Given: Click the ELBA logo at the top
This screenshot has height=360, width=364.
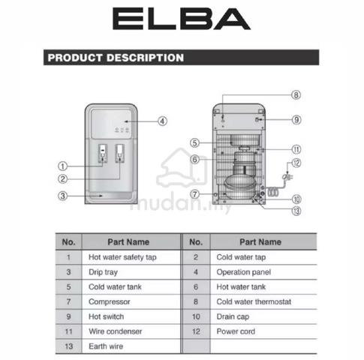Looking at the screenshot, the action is tap(182, 19).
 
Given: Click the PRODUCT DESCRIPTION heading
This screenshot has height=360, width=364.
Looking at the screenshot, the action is tap(116, 58).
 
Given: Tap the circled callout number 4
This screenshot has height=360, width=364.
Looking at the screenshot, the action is tap(163, 121).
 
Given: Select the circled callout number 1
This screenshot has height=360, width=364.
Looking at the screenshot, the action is tap(62, 166).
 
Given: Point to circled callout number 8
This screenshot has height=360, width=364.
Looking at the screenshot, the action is tap(296, 95).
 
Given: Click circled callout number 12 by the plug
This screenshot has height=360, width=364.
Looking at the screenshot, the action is tap(296, 163).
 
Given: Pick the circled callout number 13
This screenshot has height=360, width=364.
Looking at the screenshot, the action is tap(296, 211).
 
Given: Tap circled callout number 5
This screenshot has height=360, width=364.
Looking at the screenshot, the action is tap(194, 143).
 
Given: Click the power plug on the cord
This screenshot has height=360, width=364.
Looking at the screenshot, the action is tap(287, 177).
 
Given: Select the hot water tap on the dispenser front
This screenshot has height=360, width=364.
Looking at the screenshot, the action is tap(103, 154).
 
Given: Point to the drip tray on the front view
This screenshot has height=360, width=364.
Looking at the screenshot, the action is tap(111, 196).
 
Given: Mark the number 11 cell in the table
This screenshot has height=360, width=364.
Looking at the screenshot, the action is tap(68, 331).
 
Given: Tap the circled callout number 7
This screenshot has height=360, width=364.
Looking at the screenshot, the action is tap(194, 194).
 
